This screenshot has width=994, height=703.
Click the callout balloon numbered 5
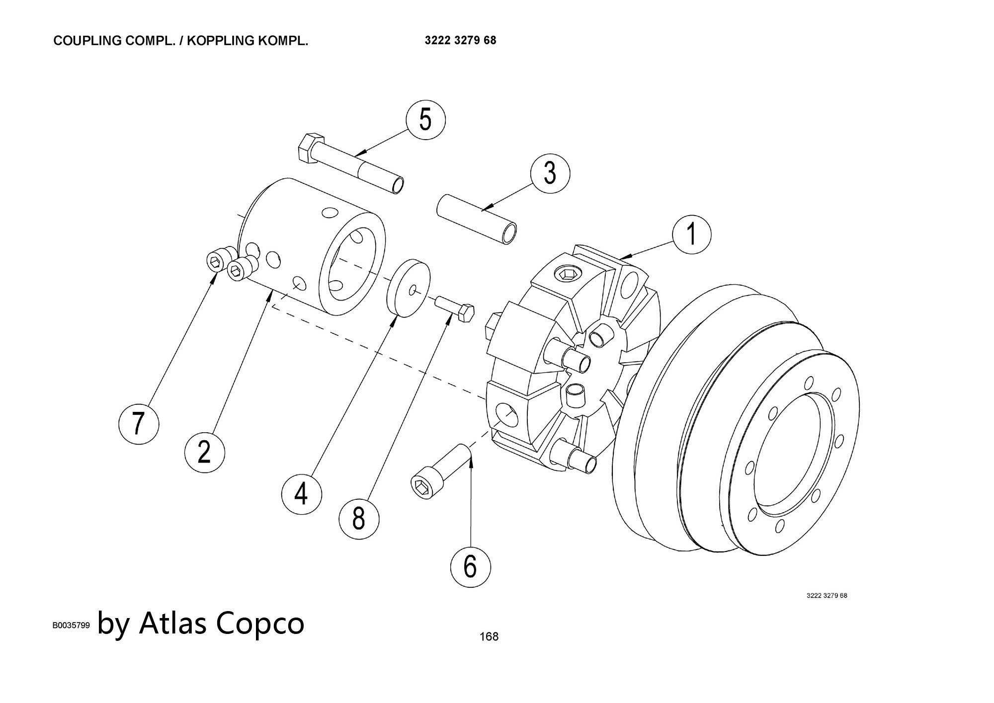coord(425,120)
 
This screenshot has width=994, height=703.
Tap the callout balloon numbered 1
coord(691,234)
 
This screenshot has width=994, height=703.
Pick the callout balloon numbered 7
coord(139,423)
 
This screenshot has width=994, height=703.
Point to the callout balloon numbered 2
coord(204,452)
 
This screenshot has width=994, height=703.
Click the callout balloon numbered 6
coord(470,566)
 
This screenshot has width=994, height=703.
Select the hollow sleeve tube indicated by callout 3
coord(476,218)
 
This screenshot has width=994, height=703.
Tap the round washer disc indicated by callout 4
coord(409,287)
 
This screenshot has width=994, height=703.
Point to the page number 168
coord(489,636)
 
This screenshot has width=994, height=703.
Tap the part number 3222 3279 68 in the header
coord(460,40)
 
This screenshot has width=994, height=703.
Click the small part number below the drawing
coord(827,595)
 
